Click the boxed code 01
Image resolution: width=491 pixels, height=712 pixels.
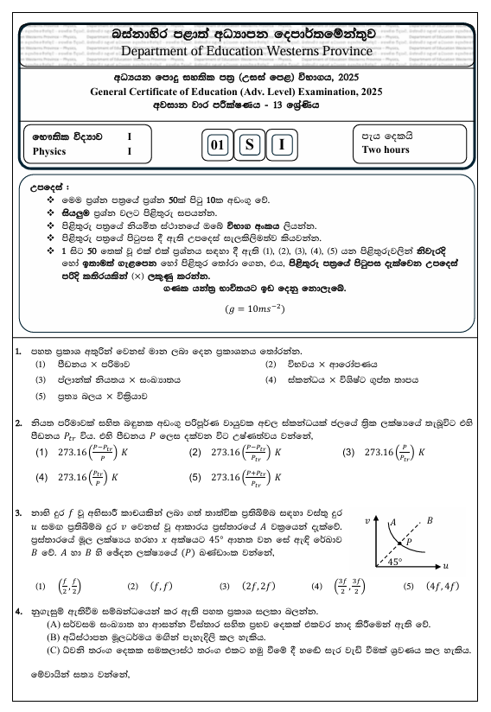point(217,144)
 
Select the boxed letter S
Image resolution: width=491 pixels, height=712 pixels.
point(249,144)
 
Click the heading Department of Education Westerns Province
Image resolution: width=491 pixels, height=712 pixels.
point(246,50)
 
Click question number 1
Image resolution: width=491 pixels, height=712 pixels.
point(19,351)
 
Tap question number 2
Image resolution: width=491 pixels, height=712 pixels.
point(19,423)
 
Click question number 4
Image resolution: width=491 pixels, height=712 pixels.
point(19,611)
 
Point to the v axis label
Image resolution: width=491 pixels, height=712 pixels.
point(367,523)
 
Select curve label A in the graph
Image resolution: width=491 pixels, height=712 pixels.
point(392,522)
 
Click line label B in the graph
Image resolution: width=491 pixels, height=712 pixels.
point(430,520)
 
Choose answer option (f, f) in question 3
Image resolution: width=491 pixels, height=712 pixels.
point(162,586)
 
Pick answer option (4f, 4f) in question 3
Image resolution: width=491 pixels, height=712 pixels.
point(443,586)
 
